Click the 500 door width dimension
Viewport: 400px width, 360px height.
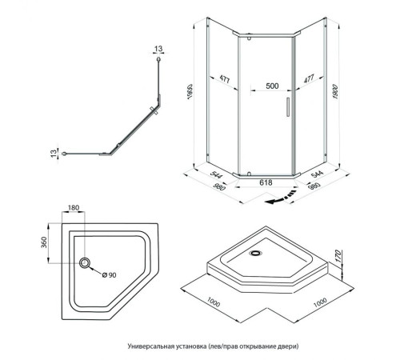pyautogui.click(x=272, y=86)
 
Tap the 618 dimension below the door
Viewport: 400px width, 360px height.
pyautogui.click(x=266, y=182)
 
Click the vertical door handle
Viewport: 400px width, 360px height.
pyautogui.click(x=288, y=107)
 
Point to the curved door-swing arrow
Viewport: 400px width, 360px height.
pyautogui.click(x=282, y=197)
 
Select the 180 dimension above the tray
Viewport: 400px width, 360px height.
pyautogui.click(x=74, y=207)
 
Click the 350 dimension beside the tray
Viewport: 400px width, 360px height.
pyautogui.click(x=44, y=242)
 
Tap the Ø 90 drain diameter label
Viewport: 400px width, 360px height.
pyautogui.click(x=110, y=275)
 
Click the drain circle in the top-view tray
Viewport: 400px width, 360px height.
pyautogui.click(x=85, y=263)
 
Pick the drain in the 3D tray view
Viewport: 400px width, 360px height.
pyautogui.click(x=256, y=253)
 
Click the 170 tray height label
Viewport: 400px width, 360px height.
pyautogui.click(x=338, y=256)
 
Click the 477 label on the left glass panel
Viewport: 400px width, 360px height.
pyautogui.click(x=225, y=79)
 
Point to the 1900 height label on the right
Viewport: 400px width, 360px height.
pyautogui.click(x=335, y=92)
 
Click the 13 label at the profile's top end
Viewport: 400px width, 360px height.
pyautogui.click(x=158, y=49)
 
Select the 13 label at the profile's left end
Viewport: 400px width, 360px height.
pyautogui.click(x=54, y=153)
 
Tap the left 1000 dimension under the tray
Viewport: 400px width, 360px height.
pyautogui.click(x=214, y=302)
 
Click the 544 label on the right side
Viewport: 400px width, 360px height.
pyautogui.click(x=317, y=174)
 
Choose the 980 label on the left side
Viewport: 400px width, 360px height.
pyautogui.click(x=219, y=187)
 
